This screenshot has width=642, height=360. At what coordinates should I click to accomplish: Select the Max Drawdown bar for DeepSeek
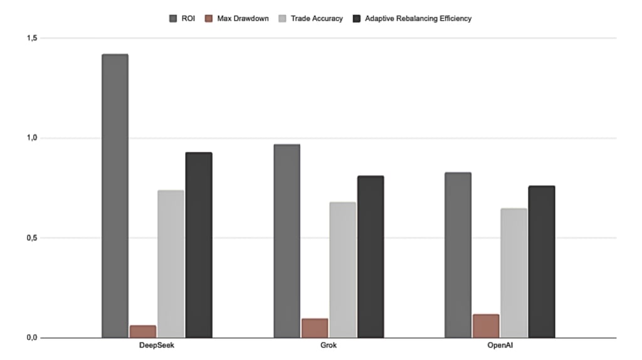(x=143, y=331)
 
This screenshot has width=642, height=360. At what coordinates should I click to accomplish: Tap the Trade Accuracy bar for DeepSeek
(x=171, y=263)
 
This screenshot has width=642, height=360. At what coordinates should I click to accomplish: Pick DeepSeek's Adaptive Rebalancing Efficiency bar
(x=199, y=245)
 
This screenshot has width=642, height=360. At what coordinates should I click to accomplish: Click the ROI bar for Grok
(x=287, y=241)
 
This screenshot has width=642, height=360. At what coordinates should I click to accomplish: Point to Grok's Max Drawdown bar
(x=315, y=328)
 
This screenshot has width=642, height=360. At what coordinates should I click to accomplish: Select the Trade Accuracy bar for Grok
(x=342, y=270)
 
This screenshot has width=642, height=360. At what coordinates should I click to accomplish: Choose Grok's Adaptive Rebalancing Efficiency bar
(x=371, y=257)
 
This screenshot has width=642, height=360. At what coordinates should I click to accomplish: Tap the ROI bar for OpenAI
(x=458, y=255)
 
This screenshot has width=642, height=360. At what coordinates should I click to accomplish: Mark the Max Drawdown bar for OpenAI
(x=486, y=326)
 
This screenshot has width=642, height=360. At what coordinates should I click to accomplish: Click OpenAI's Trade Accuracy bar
(x=514, y=273)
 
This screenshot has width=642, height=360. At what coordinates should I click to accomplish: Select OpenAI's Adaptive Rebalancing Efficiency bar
(x=542, y=262)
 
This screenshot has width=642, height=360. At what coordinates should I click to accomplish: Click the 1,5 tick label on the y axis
(x=31, y=38)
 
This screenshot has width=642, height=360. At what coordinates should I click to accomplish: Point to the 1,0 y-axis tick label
(x=31, y=138)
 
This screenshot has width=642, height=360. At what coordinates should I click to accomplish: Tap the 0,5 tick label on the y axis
(x=31, y=238)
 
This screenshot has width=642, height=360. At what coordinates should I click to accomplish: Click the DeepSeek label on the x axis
(x=157, y=346)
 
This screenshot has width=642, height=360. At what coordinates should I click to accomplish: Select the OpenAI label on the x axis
(x=500, y=346)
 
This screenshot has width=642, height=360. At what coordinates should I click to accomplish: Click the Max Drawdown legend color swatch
(x=209, y=19)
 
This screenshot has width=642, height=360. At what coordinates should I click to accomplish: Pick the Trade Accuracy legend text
(x=317, y=19)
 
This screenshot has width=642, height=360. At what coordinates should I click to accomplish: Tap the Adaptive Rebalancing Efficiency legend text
(x=418, y=19)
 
